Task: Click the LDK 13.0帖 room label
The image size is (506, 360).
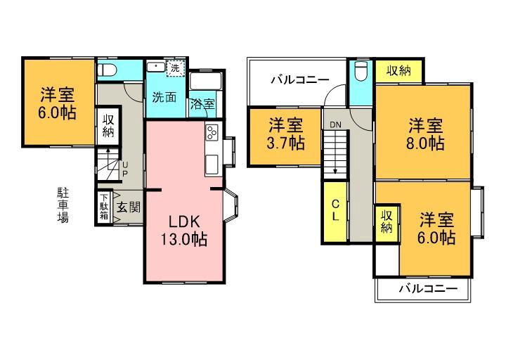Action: (183, 229)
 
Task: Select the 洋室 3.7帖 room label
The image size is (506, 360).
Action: (286, 134)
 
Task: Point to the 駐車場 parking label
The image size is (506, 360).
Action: (63, 205)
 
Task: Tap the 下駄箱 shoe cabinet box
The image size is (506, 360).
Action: (104, 207)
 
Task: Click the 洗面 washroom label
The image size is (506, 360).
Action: (164, 98)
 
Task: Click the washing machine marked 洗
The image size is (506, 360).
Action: (174, 68)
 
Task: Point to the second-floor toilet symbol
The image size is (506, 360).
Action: (361, 72)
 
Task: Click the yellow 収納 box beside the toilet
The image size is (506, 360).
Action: (398, 71)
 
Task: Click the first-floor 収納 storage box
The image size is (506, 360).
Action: (109, 125)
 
